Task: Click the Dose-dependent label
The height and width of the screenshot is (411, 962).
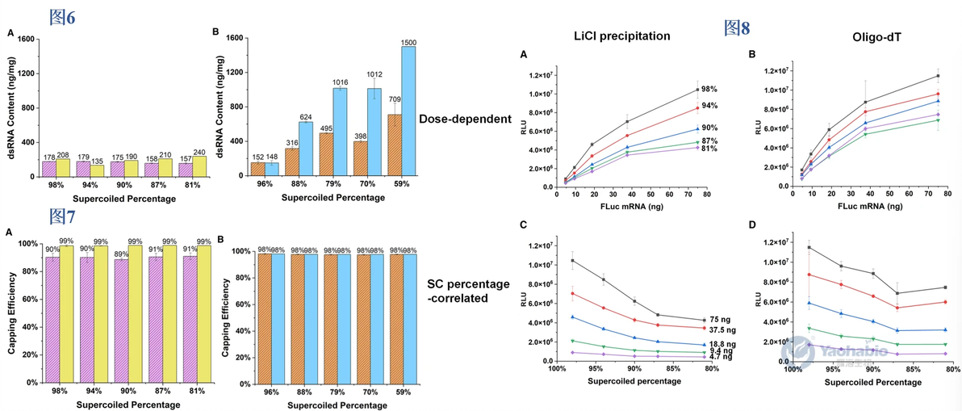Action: (465, 119)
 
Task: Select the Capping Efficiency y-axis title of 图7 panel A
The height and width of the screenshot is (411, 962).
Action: (10, 312)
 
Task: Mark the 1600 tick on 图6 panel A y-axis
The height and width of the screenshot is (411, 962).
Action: (23, 40)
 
